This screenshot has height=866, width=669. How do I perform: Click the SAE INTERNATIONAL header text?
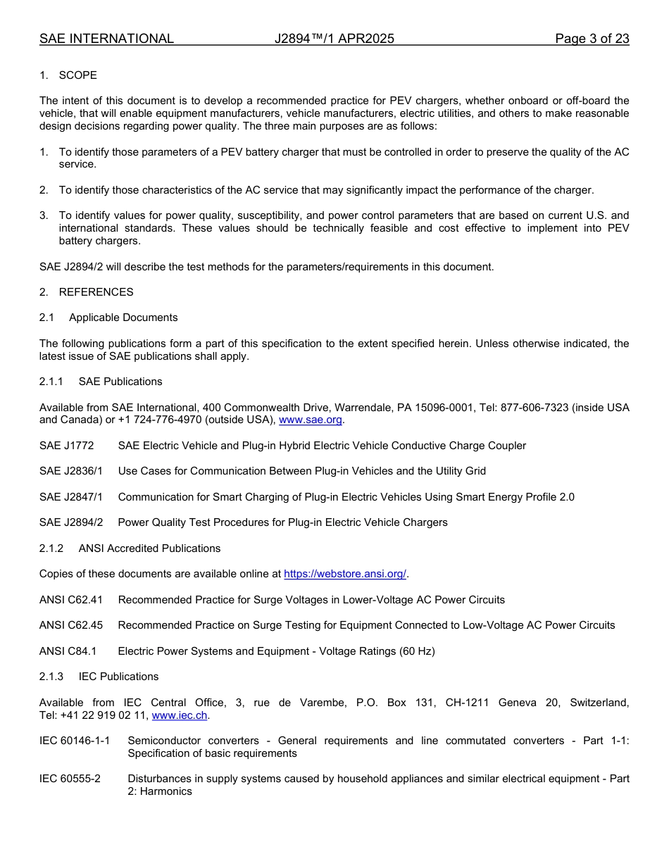(106, 39)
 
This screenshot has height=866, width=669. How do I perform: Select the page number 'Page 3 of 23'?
(592, 39)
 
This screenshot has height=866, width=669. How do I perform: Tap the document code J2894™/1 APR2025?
(334, 39)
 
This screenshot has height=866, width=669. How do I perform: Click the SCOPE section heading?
(77, 75)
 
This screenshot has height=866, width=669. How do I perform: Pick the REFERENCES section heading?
(96, 292)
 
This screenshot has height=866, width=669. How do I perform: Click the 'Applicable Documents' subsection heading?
(123, 318)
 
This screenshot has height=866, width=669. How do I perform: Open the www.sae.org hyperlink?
(310, 420)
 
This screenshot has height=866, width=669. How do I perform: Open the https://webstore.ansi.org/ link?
(344, 574)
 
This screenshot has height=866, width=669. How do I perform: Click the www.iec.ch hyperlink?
(179, 715)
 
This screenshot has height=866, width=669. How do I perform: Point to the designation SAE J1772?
(66, 446)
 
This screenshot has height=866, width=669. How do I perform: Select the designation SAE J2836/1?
(70, 471)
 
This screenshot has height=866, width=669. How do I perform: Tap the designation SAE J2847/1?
(70, 497)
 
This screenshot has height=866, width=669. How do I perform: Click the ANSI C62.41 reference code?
(70, 600)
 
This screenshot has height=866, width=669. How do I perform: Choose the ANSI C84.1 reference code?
(68, 651)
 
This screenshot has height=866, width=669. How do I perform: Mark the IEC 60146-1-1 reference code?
(75, 741)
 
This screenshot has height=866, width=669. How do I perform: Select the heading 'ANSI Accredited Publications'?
(149, 548)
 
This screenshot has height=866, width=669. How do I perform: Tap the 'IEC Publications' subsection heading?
(118, 677)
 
